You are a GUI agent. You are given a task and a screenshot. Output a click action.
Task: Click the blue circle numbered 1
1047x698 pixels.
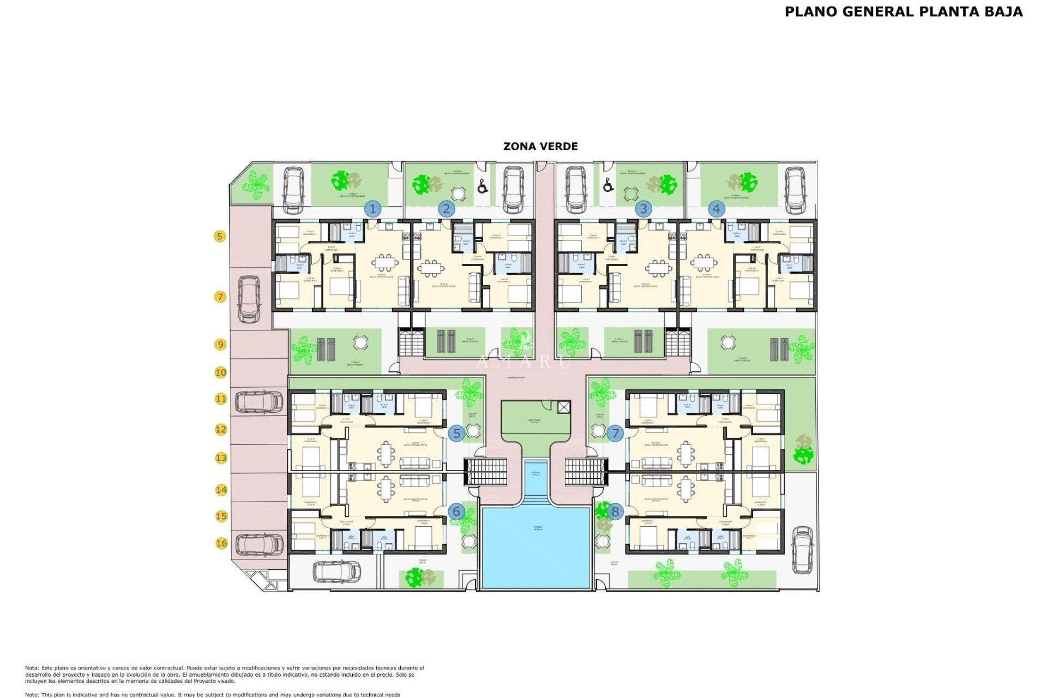[373, 209]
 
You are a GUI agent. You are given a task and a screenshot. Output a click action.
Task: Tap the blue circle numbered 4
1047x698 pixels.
[717, 209]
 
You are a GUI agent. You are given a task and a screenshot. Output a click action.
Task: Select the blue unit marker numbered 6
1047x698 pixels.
[456, 512]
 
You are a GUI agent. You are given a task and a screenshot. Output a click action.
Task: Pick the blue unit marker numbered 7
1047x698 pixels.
[615, 434]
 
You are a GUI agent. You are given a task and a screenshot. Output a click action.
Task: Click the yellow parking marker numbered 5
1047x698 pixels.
[220, 236]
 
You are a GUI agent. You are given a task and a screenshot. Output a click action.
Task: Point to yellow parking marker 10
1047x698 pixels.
[220, 372]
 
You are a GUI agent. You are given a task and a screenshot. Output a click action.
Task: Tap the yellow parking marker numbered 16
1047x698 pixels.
[221, 543]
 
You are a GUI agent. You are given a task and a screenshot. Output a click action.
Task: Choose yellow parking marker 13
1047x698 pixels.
[221, 458]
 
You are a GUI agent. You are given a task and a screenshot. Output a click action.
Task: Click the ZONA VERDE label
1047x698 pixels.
[540, 146]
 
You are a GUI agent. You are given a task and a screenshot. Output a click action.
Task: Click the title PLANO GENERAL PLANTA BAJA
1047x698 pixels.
[904, 12]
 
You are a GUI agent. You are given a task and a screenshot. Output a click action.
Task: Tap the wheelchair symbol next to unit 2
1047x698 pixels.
[482, 187]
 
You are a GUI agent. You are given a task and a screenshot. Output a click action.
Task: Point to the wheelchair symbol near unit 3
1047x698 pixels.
[609, 185]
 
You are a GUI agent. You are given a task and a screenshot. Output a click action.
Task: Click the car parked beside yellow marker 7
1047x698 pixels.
[249, 299]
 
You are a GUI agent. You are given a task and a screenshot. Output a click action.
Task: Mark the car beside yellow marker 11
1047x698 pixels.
[259, 402]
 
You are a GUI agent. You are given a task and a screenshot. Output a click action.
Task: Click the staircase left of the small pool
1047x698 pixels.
[486, 472]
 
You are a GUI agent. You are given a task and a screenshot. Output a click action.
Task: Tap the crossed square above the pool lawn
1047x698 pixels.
[564, 407]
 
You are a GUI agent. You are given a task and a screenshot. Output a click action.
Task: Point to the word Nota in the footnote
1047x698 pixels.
[31, 668]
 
